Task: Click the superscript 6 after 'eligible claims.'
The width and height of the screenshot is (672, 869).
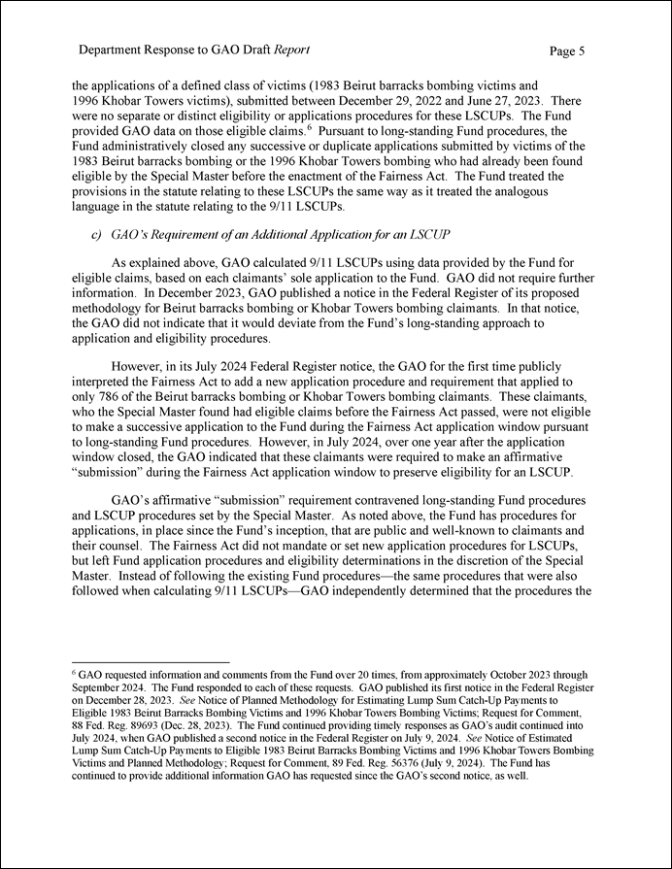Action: click(312, 126)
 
